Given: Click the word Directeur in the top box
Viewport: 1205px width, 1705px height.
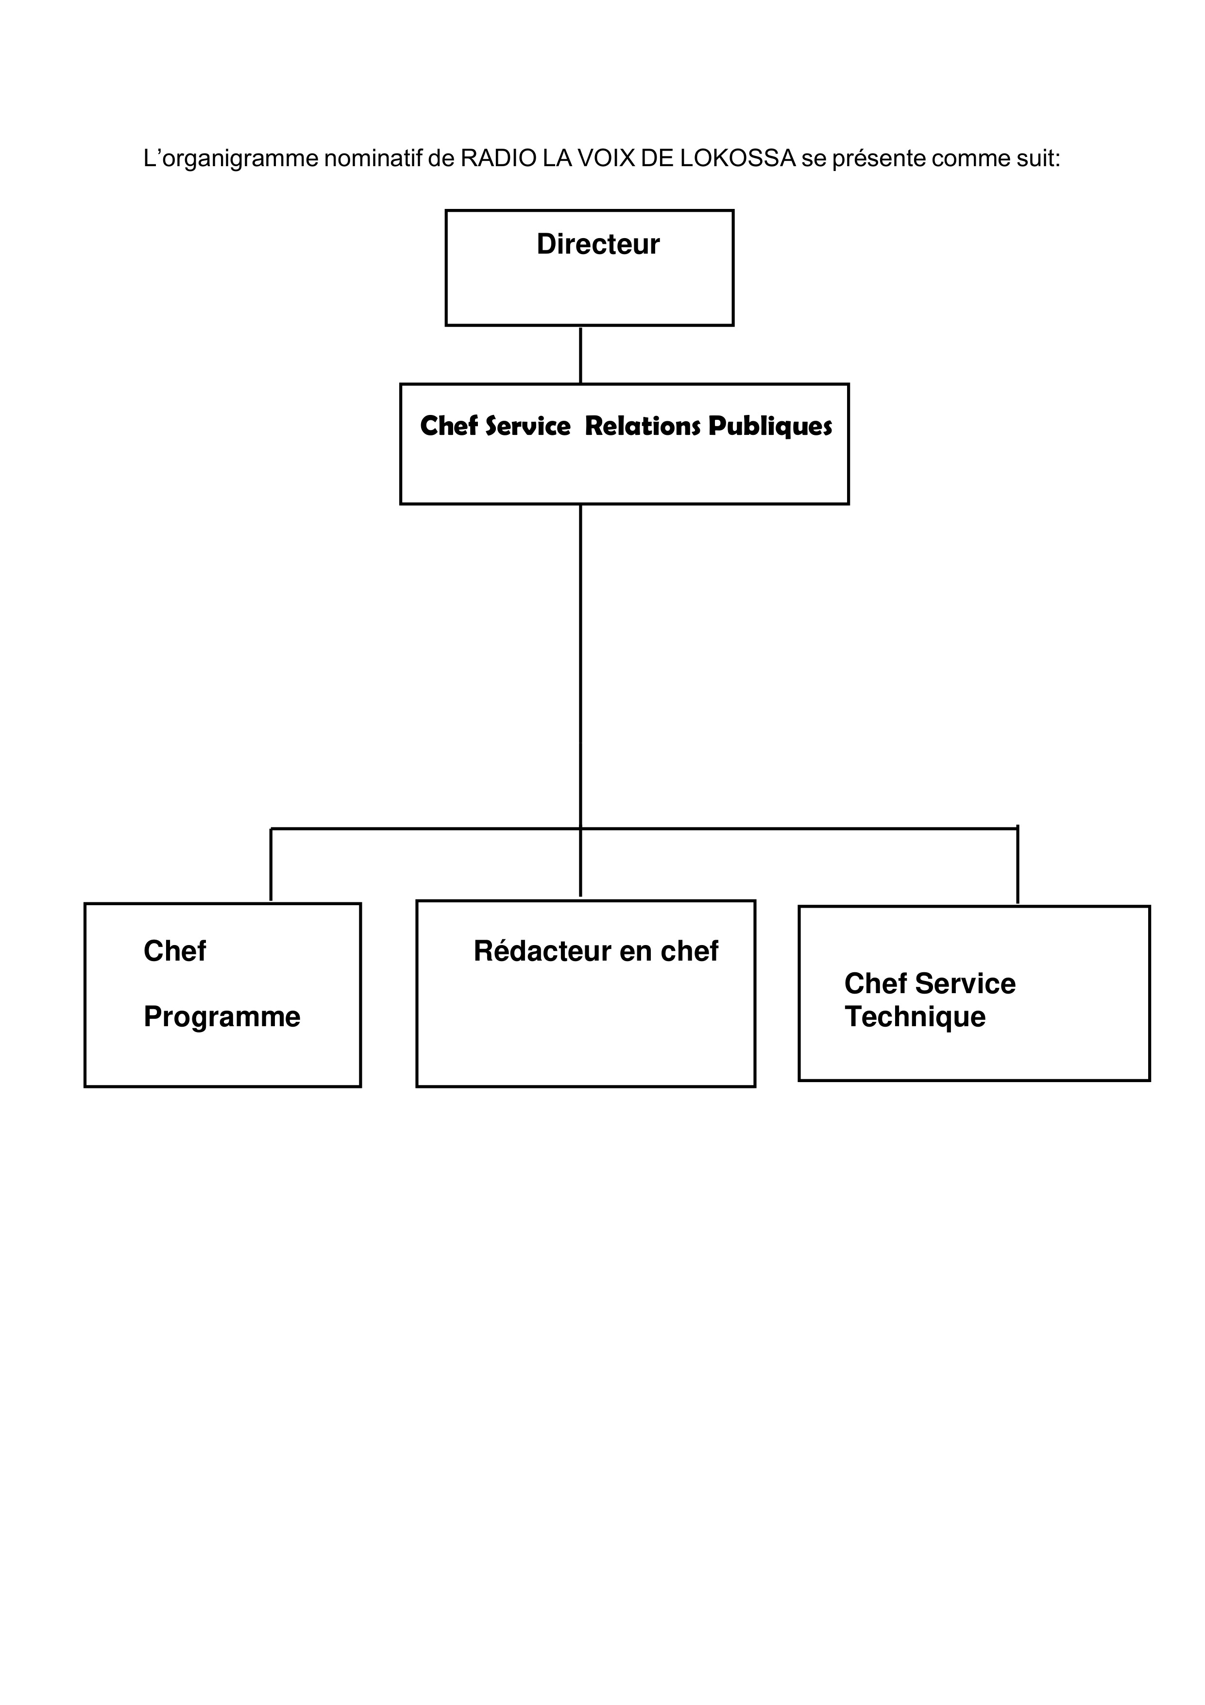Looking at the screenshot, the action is coord(598,244).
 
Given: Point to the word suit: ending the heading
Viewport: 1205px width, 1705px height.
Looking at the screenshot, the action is coord(1038,158).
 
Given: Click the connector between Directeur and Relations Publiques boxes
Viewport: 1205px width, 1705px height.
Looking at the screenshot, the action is coord(580,355).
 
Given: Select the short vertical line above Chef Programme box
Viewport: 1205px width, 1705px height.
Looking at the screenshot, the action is coord(271,864).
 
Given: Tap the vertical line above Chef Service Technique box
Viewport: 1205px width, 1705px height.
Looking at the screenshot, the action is coord(1017,864).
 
